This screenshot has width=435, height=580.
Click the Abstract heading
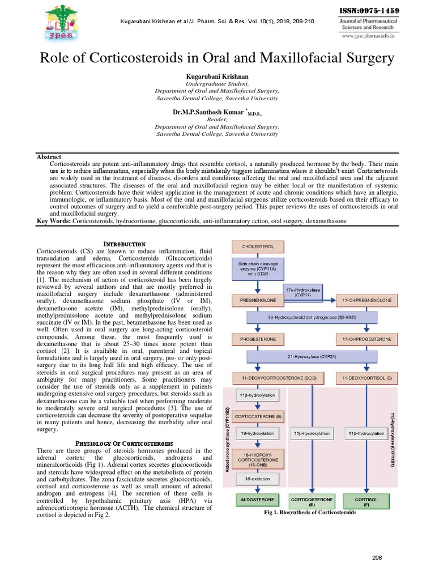tap(49, 157)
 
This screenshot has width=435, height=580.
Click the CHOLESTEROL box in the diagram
tap(257, 247)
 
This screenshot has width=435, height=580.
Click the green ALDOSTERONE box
tap(257, 500)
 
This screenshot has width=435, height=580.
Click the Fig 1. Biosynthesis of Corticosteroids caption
tap(310, 512)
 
